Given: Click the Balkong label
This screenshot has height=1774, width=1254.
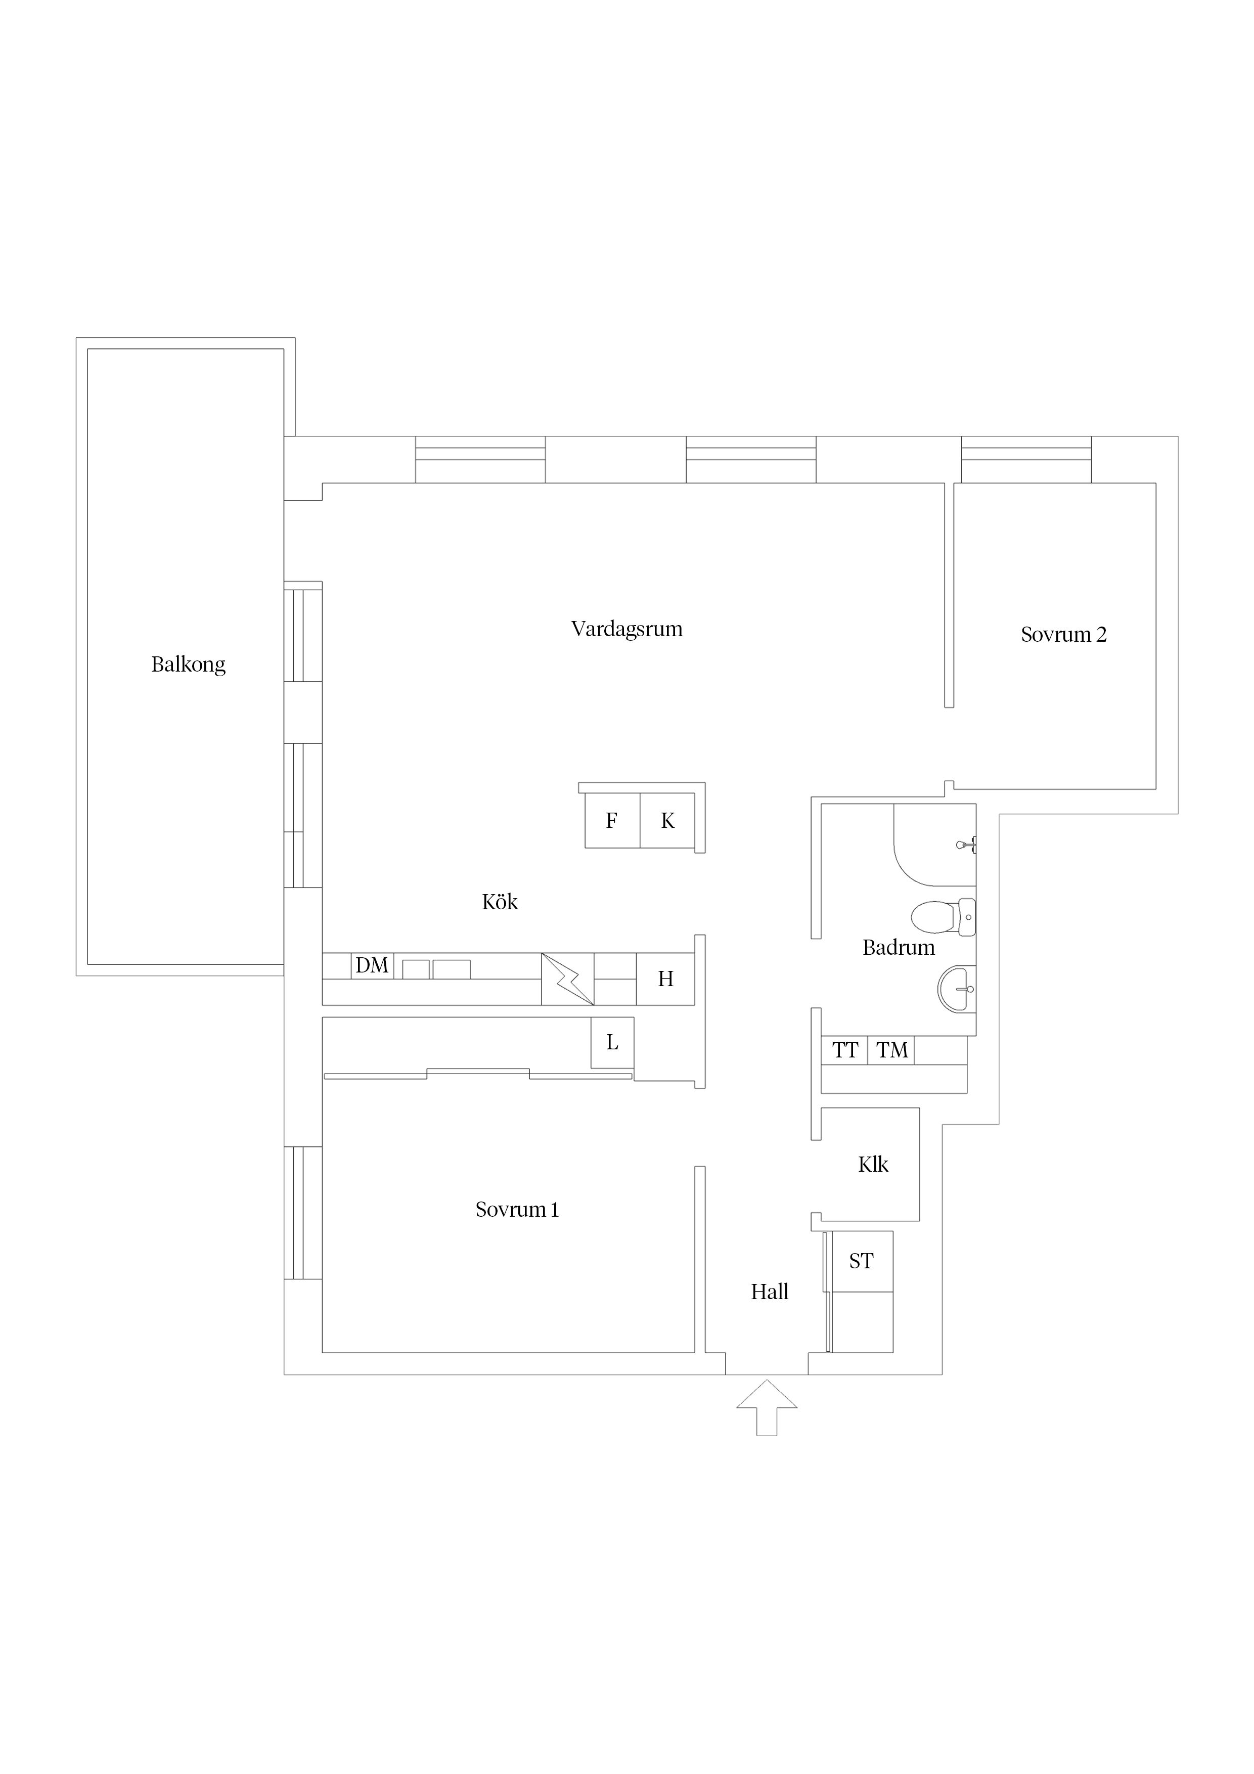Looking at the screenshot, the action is click(189, 664).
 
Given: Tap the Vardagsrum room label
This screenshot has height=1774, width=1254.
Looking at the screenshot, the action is click(626, 629).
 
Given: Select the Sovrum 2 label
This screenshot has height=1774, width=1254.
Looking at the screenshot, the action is click(1063, 634).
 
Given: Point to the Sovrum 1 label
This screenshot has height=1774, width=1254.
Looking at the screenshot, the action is click(516, 1209).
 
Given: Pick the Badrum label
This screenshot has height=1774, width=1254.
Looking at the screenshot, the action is click(899, 947).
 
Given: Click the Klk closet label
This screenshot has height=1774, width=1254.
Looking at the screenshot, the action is click(873, 1165).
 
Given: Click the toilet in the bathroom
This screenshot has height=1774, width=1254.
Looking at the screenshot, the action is click(943, 917).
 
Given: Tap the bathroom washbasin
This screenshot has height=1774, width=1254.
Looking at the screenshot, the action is click(957, 988).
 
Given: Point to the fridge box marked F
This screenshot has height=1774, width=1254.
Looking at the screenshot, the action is click(612, 821).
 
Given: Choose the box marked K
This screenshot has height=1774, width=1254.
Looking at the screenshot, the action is click(667, 821).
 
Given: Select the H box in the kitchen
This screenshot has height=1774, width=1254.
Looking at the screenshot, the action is click(665, 979).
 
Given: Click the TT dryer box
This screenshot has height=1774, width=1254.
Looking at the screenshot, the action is click(844, 1050).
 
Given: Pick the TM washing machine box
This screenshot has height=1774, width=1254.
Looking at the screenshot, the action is click(891, 1050).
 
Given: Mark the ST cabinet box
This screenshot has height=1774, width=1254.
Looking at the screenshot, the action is click(862, 1261).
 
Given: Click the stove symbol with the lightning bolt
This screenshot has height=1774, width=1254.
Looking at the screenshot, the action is click(568, 979).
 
